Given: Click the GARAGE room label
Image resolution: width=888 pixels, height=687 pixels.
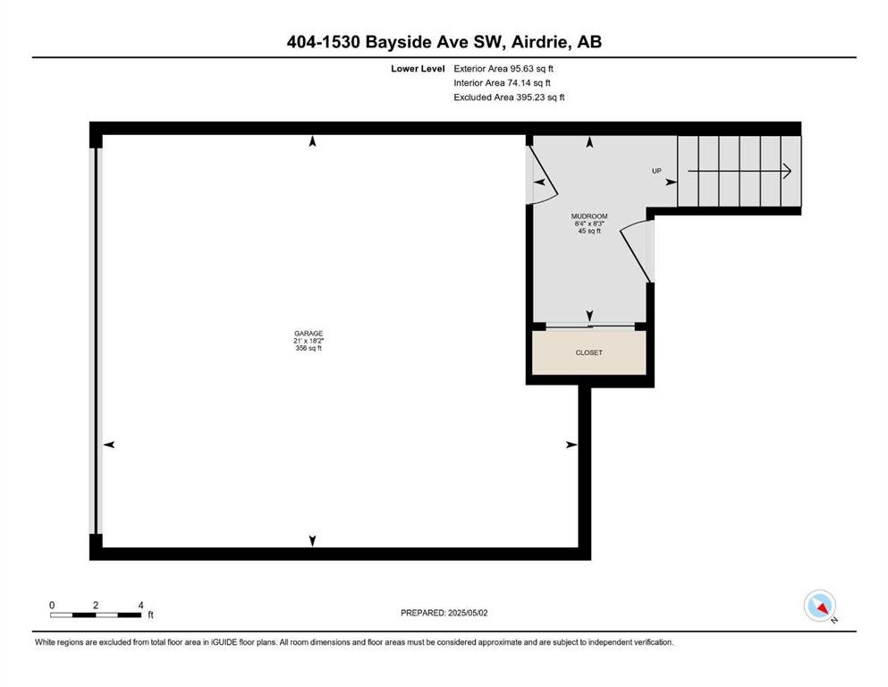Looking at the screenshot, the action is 309,334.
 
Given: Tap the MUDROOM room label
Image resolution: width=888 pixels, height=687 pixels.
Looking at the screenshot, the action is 589,216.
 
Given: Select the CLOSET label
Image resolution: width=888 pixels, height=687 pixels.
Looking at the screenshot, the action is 589,352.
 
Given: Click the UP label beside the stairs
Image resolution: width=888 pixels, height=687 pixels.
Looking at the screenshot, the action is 656,171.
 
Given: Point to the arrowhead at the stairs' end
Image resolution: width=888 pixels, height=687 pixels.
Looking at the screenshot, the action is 787,171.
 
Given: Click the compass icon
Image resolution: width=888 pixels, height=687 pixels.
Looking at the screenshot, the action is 819,606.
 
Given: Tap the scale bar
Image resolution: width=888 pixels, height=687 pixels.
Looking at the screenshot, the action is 96,615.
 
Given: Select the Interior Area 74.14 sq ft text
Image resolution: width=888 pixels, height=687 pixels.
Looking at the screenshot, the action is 502,82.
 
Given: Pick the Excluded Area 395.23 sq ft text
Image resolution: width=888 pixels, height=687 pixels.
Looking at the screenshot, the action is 509,97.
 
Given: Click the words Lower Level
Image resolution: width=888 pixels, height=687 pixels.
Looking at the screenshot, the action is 418,69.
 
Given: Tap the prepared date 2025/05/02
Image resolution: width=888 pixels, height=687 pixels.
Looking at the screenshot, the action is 468,613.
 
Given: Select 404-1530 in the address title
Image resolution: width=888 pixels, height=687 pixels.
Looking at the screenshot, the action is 324,42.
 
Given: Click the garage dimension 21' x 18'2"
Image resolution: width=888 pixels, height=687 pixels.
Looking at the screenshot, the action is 309,341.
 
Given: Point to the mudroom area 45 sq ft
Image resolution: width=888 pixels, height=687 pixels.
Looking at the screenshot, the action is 589,231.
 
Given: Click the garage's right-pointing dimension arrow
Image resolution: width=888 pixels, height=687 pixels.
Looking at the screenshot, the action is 571,445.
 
